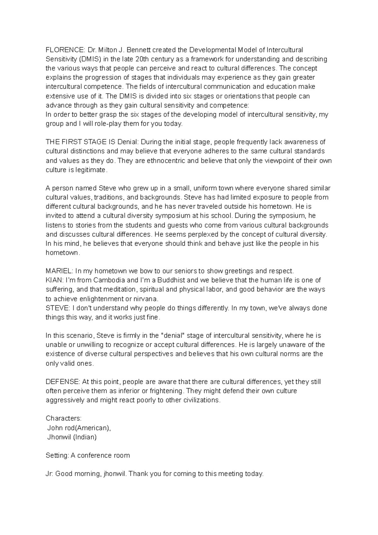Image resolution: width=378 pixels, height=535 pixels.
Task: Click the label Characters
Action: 63,418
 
